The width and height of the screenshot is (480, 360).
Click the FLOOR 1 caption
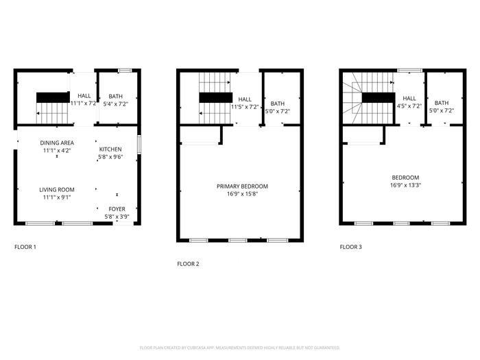tap(25, 247)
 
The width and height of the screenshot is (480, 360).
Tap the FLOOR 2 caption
tap(188, 264)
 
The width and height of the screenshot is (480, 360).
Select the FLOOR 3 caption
tap(351, 247)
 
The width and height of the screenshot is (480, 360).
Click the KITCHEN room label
tap(110, 149)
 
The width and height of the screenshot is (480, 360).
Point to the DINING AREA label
tap(57, 143)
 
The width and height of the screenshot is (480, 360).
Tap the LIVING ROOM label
tap(57, 190)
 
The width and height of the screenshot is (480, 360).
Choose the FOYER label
tap(117, 209)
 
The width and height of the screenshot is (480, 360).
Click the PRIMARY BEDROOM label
tap(242, 186)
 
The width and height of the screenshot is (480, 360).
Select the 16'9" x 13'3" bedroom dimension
tap(406, 185)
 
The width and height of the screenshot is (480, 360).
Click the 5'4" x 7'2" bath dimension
tap(116, 104)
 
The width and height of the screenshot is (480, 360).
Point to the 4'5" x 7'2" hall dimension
tap(409, 106)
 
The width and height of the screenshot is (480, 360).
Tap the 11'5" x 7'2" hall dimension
tap(245, 107)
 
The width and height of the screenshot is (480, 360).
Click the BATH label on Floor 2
tap(278, 104)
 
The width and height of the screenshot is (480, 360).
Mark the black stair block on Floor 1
tap(53, 97)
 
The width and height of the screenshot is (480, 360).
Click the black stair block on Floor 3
tap(379, 97)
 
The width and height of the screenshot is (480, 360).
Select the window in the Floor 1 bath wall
tap(125, 71)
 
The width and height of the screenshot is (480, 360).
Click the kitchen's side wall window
tap(139, 145)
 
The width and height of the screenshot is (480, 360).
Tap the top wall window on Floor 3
tap(410, 71)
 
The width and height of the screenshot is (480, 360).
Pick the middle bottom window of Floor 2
tap(238, 241)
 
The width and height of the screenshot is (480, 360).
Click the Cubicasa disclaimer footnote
tap(240, 348)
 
